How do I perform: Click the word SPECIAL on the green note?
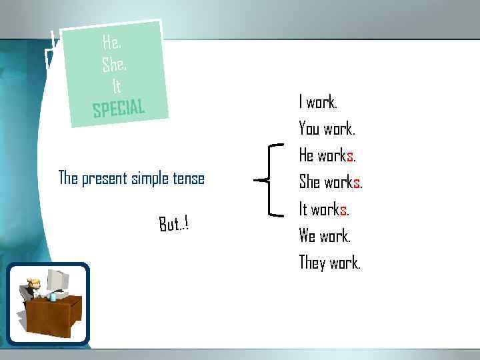[119, 108]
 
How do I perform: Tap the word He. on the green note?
[111, 43]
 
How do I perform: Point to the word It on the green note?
[116, 86]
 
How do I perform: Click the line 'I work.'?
[318, 102]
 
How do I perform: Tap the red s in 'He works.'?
[349, 156]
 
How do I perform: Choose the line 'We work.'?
[325, 236]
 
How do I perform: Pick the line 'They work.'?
[329, 263]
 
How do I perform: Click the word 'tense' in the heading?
[188, 178]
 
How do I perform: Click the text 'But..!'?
[173, 224]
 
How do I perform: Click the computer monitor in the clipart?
[57, 281]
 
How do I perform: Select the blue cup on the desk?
[53, 297]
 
